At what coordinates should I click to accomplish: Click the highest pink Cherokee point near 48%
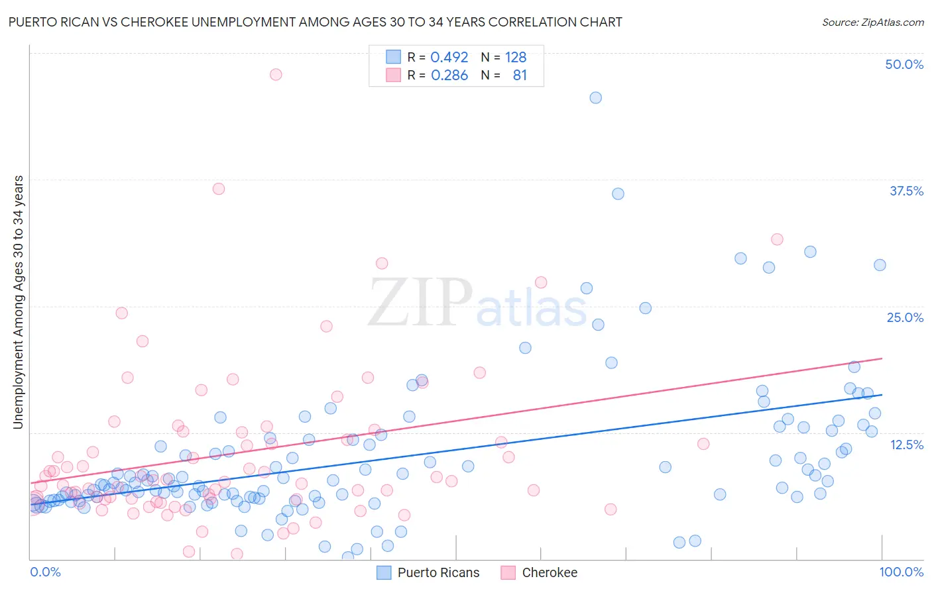(x=276, y=74)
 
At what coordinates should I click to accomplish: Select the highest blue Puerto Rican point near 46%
(x=595, y=97)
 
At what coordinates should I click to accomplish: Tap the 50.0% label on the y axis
(x=904, y=64)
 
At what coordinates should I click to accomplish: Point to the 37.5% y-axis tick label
(x=906, y=191)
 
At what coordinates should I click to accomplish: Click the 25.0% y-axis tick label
(x=905, y=317)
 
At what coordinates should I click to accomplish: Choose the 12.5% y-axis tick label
(x=906, y=445)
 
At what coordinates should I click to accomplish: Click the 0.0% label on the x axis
(x=45, y=572)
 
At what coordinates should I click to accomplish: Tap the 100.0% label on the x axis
(x=901, y=572)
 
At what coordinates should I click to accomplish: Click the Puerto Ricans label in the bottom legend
(x=438, y=572)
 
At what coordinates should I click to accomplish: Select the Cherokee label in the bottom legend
(x=550, y=572)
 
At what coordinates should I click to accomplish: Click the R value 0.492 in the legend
(x=449, y=58)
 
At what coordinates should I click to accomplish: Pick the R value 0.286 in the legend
(x=449, y=76)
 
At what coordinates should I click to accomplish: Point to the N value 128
(x=516, y=58)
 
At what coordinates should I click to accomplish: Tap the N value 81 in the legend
(x=520, y=76)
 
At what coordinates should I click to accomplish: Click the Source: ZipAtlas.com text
(x=872, y=22)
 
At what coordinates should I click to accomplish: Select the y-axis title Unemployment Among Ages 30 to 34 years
(x=19, y=302)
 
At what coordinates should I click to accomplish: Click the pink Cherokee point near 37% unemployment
(x=218, y=189)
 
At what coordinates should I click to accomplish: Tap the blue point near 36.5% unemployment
(x=618, y=193)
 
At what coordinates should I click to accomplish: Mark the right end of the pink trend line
(x=882, y=358)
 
